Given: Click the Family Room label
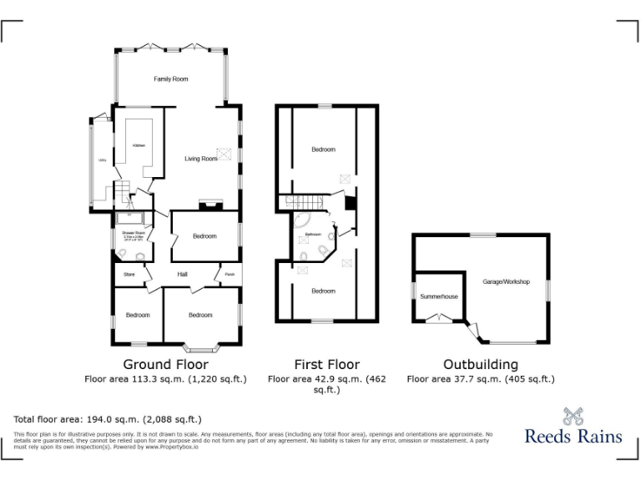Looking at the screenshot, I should tap(170, 79).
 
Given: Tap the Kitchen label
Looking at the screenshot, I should tap(139, 145).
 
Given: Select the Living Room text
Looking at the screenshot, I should tap(200, 158).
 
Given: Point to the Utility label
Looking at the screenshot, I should tap(102, 159).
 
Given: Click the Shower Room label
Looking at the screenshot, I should tap(134, 233).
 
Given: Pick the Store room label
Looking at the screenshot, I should tap(129, 274).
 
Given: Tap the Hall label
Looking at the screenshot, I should tap(182, 274).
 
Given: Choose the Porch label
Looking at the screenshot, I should tap(229, 274).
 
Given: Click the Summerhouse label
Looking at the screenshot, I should tap(439, 296).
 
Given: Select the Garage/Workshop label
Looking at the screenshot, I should tap(507, 282).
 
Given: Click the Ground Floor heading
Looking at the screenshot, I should tap(165, 364).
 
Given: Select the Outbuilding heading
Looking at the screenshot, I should tap(480, 364).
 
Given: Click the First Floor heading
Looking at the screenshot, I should tap(326, 364).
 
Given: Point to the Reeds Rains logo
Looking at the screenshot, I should tap(573, 426).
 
